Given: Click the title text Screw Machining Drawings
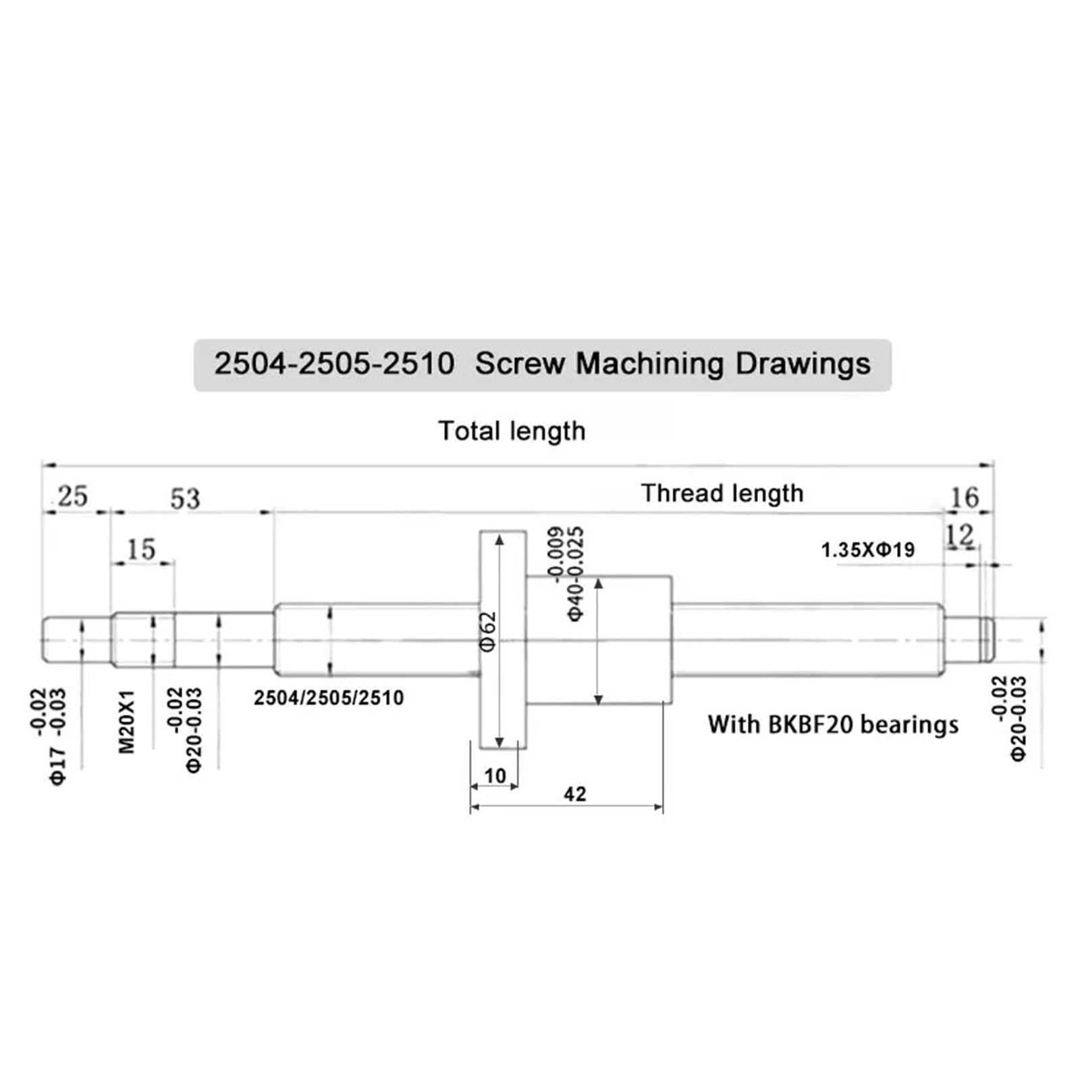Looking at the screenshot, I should [x=672, y=364].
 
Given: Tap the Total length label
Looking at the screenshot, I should [x=512, y=431].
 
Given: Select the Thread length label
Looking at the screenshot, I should [x=722, y=493].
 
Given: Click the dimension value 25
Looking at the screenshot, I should [x=73, y=497].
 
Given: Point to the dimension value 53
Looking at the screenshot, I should [x=185, y=499].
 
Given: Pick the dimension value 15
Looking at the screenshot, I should [x=141, y=549].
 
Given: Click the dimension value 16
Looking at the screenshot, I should [x=964, y=498].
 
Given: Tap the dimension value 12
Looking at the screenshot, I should [x=959, y=536].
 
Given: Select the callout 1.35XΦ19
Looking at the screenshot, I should [x=867, y=550].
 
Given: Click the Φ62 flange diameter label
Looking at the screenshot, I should [x=488, y=632].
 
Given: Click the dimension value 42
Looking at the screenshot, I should [x=574, y=794].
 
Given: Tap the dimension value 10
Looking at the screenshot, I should [x=495, y=776].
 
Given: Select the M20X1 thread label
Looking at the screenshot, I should [x=127, y=722].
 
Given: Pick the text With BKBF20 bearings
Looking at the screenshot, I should [x=833, y=725].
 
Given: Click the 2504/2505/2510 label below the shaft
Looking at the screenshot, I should [x=329, y=698].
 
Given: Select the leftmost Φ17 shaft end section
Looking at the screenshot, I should [x=76, y=639].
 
